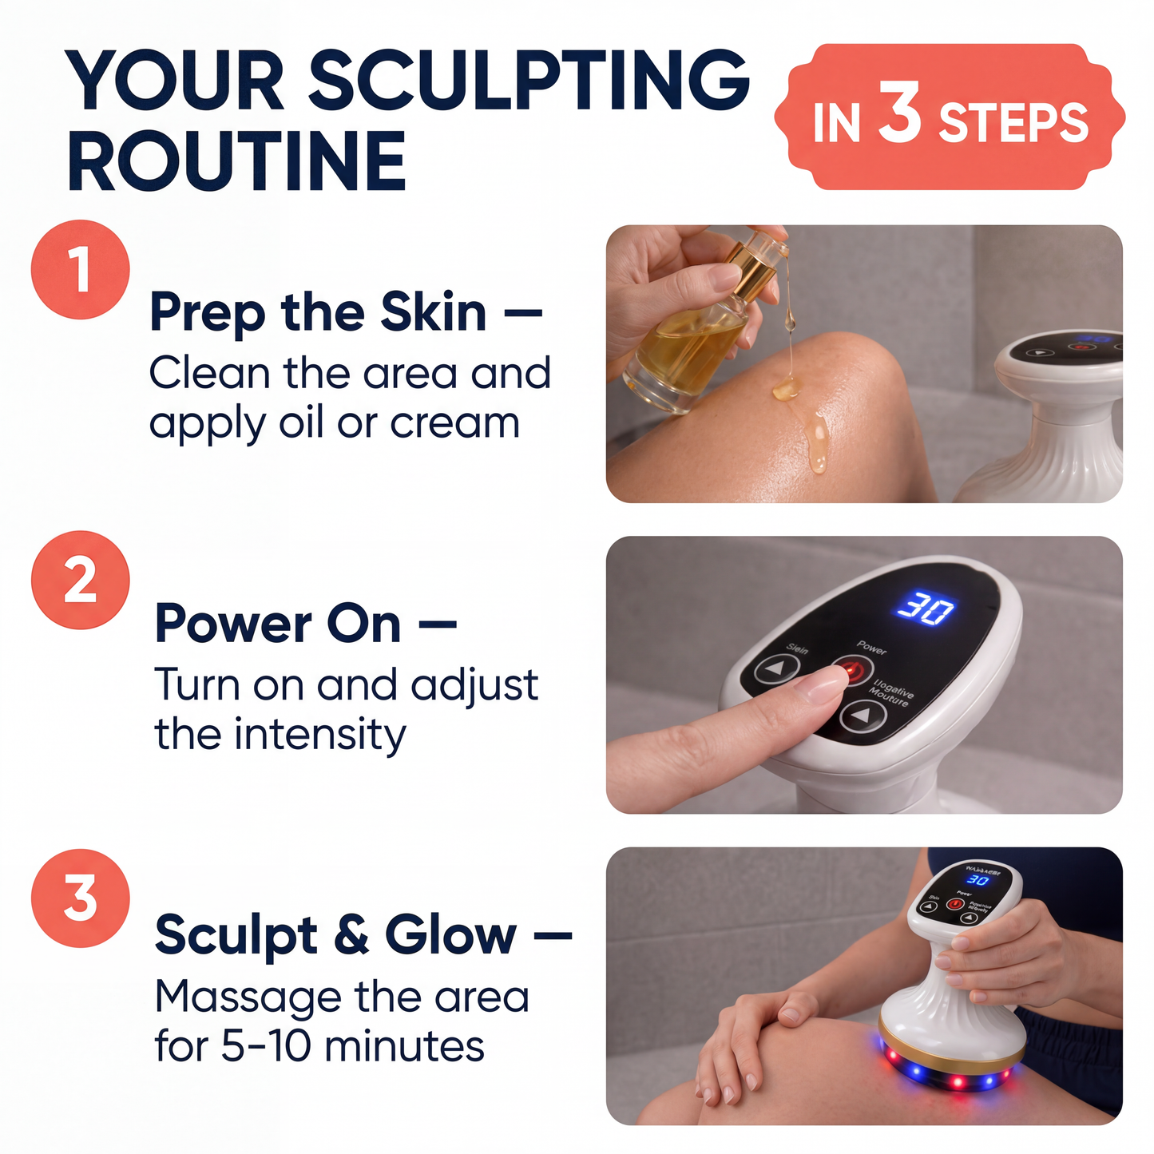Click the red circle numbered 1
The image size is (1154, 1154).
80,270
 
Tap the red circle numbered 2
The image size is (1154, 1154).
80,580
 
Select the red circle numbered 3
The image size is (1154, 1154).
80,898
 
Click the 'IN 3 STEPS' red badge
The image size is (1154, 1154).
950,118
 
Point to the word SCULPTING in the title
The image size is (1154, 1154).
528,81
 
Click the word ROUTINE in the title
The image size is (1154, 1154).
237,161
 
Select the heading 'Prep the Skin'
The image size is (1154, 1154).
318,312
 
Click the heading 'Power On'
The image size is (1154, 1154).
278,624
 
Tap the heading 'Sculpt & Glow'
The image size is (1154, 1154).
335,935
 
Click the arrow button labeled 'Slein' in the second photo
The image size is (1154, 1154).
776,669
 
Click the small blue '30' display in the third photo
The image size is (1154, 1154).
978,880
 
